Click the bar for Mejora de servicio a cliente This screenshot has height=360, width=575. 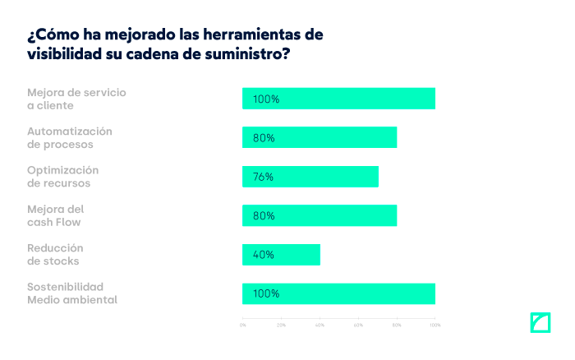pos(338,99)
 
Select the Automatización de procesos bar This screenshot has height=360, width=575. pos(320,137)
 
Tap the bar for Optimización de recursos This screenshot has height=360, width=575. pos(310,177)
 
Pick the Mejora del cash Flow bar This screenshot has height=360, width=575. pos(320,215)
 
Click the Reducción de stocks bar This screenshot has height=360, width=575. pos(281,255)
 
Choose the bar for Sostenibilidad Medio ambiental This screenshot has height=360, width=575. pos(338,293)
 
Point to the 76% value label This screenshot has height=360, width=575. pos(263,177)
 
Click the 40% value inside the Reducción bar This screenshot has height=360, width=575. pos(263,255)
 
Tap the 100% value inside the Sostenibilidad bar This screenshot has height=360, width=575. pos(266,293)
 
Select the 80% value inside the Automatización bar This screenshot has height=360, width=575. pos(263,138)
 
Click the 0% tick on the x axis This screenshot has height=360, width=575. pos(242,325)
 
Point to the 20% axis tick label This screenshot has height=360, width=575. pos(281,325)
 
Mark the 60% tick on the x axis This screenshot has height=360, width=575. pos(358,325)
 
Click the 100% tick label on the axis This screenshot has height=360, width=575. pos(435,325)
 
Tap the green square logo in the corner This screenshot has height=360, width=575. pos(539,322)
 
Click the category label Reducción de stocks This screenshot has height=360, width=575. pos(55,255)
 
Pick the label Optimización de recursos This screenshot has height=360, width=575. pos(62,177)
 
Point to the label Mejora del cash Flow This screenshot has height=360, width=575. pos(56,215)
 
